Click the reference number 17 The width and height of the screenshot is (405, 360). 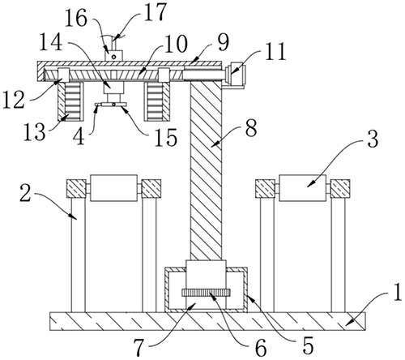click(155, 11)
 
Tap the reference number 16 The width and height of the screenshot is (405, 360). click(76, 19)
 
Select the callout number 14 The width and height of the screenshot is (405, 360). click(51, 42)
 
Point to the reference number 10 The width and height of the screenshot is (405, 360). click(175, 44)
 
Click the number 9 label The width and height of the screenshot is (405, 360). click(223, 42)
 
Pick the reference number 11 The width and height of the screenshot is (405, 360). click(275, 51)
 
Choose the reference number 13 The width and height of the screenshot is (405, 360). click(34, 132)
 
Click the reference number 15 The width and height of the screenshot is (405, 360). click(166, 137)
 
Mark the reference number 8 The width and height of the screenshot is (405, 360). click(251, 129)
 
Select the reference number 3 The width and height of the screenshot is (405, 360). click(373, 139)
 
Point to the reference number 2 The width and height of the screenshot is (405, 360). click(25, 195)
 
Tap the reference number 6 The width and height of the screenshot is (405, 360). click(261, 347)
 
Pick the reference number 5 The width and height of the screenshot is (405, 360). click(309, 345)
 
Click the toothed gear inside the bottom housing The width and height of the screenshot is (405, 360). click(207, 293)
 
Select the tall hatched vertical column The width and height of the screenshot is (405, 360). click(206, 171)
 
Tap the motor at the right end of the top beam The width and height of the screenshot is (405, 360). click(236, 75)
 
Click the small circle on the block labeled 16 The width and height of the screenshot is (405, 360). click(114, 57)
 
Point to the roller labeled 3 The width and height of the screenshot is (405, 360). click(302, 188)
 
